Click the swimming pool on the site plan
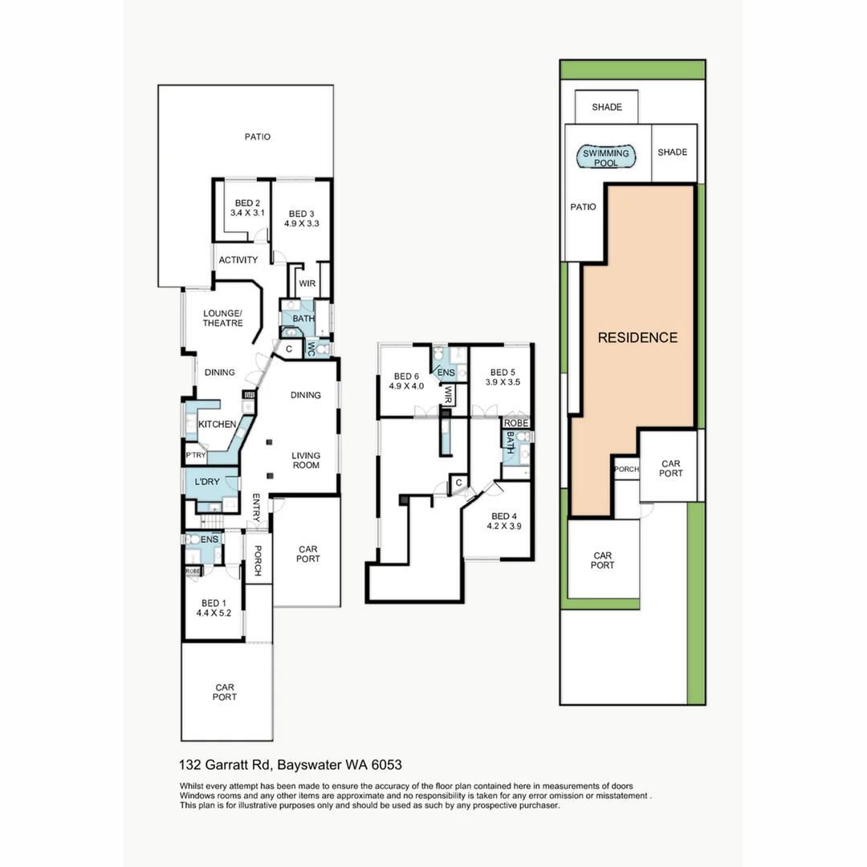pos(606,157)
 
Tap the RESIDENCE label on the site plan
pos(637,338)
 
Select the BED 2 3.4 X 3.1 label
pos(246,208)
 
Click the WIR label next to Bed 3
pos(307,283)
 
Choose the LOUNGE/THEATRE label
pos(222,318)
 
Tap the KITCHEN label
pos(217,424)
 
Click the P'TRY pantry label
pos(195,455)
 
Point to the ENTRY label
pos(257,507)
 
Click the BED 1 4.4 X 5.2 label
pos(214,608)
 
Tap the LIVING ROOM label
pos(305,461)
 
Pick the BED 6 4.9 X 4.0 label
pos(406,381)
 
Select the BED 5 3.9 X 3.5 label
pos(503,377)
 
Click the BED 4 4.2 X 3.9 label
pos(504,521)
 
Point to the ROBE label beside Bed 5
pos(516,422)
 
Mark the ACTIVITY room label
pos(238,260)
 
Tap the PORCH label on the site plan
pos(625,469)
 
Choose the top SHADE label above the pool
pos(606,107)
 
